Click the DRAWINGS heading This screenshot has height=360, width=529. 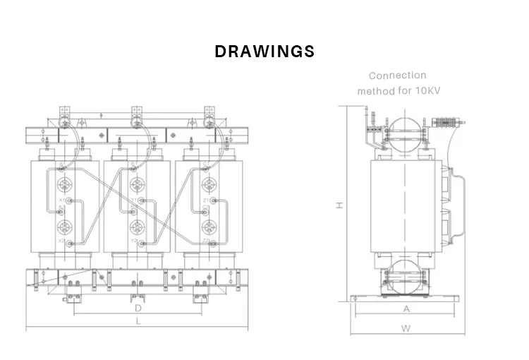(x=264, y=52)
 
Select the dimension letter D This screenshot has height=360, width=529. (x=138, y=308)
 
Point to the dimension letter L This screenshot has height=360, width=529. (x=138, y=322)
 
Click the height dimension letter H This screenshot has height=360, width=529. (x=339, y=205)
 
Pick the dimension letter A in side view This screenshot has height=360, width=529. (x=406, y=308)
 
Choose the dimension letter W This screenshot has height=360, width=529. (x=406, y=328)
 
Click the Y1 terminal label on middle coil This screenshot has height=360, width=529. (x=134, y=200)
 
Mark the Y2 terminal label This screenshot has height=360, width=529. (x=134, y=241)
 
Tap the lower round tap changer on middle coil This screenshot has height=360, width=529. (x=138, y=227)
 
